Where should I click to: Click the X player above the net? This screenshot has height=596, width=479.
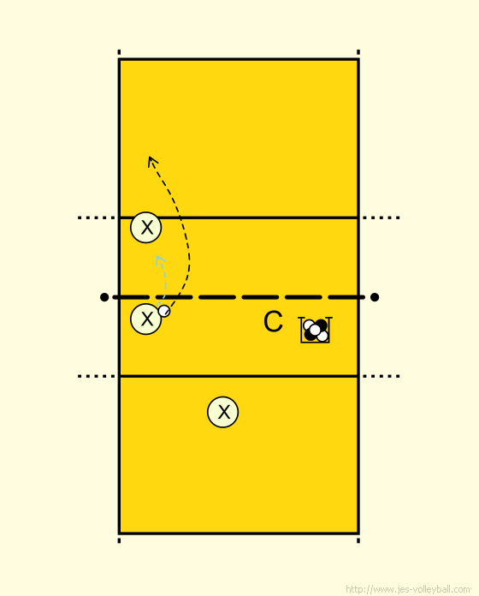pos(145,227)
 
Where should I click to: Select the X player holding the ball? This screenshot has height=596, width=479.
pos(145,319)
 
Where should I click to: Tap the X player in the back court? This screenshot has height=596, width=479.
pos(222,412)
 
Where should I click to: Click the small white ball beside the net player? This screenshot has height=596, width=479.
pos(164,311)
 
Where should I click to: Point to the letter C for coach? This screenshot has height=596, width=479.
pos(273,322)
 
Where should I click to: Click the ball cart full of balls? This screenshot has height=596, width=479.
pos(315,330)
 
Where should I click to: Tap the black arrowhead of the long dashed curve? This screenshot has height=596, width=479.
pos(151,161)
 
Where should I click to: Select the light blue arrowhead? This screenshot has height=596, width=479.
pos(160,259)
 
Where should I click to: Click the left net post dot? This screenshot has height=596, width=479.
pos(104,297)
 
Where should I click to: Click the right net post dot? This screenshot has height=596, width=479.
pos(375,297)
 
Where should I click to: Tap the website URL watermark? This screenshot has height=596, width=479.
pos(408,589)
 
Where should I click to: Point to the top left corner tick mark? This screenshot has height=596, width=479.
pos(119,52)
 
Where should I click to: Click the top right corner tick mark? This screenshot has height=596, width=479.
pos(358,52)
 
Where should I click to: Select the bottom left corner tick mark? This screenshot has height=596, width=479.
pos(119,540)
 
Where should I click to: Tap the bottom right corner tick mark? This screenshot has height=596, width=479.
pos(358,540)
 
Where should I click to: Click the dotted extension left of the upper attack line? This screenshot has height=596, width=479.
pos(97,218)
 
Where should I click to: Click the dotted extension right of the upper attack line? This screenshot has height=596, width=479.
pos(381,218)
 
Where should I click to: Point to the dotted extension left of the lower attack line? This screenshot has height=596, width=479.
pos(97,376)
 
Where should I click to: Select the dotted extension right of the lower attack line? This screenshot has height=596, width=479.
pos(381,376)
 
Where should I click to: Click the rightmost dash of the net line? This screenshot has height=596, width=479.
pos(346,297)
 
